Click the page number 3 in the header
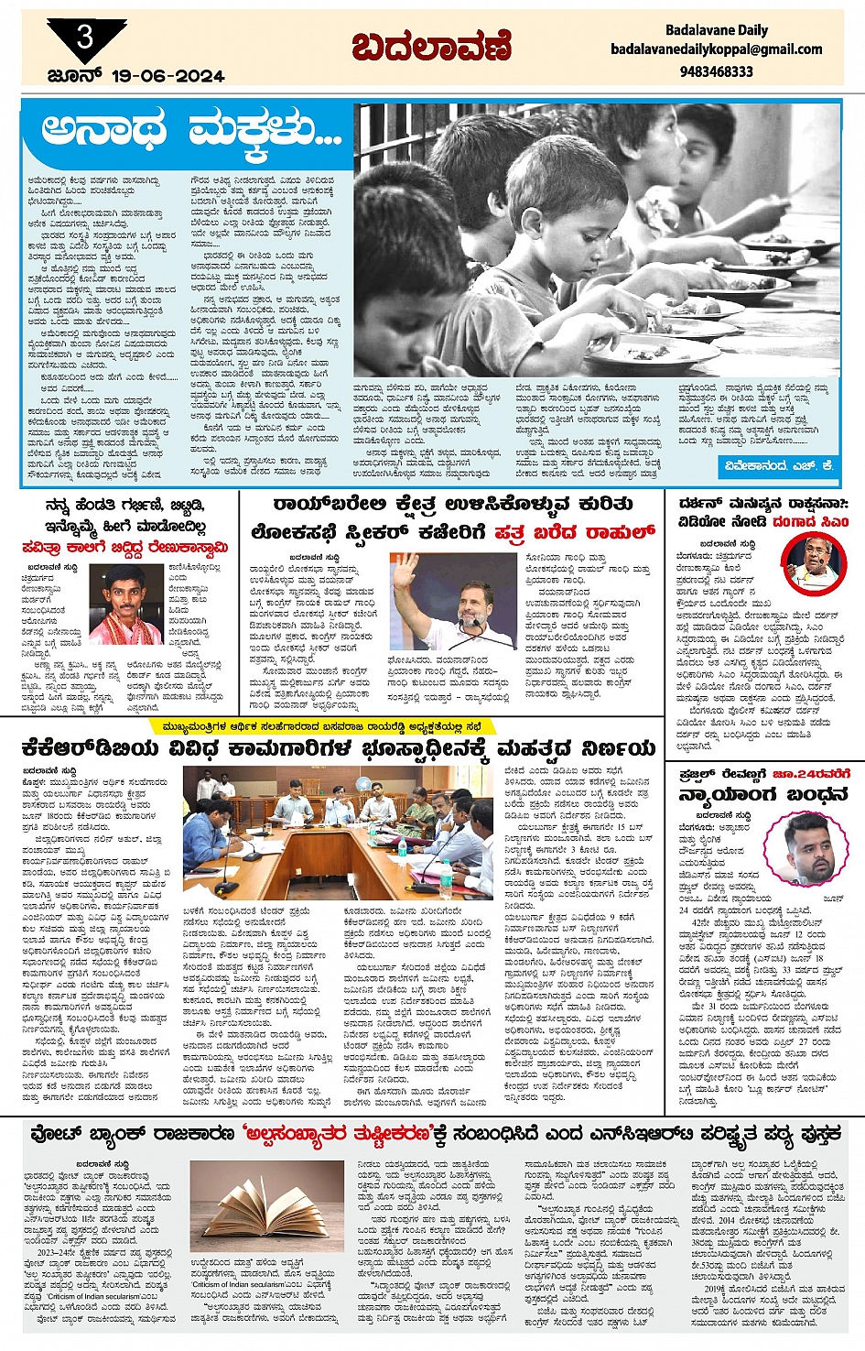tap(85, 38)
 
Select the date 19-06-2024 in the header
tap(168, 76)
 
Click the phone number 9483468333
tap(717, 71)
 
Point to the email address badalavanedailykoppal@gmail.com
tap(717, 49)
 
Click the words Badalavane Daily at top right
tap(717, 30)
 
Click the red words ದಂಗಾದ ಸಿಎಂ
tap(810, 522)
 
